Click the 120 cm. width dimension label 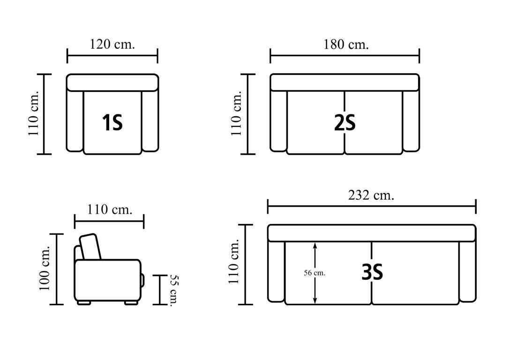click(112, 44)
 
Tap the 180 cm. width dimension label click(346, 44)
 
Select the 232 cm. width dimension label click(371, 195)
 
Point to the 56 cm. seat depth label click(314, 273)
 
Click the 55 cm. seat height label click(175, 290)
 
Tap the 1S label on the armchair click(112, 123)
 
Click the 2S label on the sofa click(345, 123)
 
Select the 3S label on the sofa click(372, 272)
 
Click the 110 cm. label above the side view click(110, 210)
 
